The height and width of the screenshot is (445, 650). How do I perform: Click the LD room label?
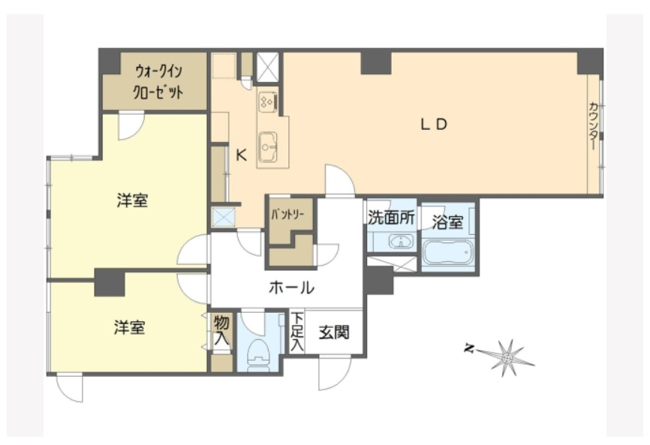434,124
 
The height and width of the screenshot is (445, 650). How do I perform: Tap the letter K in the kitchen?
241,155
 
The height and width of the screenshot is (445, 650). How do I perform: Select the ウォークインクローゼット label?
158,82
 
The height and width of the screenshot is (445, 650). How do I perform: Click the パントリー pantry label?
287,215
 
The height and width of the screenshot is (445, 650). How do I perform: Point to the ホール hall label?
291,287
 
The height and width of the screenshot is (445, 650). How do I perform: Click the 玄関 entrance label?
334,332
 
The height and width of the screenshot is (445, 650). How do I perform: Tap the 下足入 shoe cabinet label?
296,332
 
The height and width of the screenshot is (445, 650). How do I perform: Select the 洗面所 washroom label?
391,217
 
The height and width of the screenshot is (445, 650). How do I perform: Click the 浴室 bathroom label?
447,222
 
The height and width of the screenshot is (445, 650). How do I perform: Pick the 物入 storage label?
221,330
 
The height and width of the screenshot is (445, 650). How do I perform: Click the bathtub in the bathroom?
448,253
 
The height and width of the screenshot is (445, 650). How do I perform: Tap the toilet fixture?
258,353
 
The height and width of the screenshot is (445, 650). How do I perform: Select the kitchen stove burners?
267,101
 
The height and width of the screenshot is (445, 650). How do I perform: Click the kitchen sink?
267,147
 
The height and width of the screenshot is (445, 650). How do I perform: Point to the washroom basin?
400,241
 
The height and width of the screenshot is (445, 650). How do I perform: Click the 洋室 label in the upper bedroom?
132,200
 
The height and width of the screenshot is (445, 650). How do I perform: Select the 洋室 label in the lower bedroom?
130,327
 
